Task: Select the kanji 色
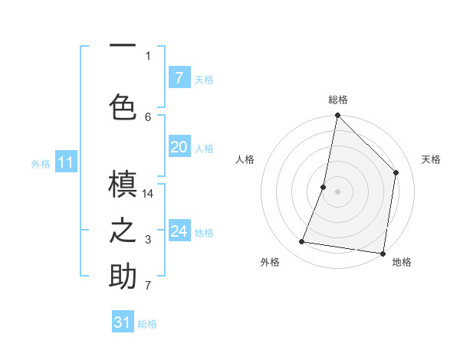123,106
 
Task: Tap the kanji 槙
123,184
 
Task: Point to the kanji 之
123,231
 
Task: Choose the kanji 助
123,277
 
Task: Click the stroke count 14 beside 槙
148,194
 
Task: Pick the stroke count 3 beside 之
148,241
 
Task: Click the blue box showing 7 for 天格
179,77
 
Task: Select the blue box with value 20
179,147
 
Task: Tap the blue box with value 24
179,231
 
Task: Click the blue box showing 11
66,162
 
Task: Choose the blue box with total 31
123,322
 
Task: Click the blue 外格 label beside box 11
41,163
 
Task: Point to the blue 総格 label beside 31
147,324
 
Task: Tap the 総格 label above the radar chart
337,100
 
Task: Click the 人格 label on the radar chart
245,159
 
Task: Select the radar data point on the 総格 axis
337,116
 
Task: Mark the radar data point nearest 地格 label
382,253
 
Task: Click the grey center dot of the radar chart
337,191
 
